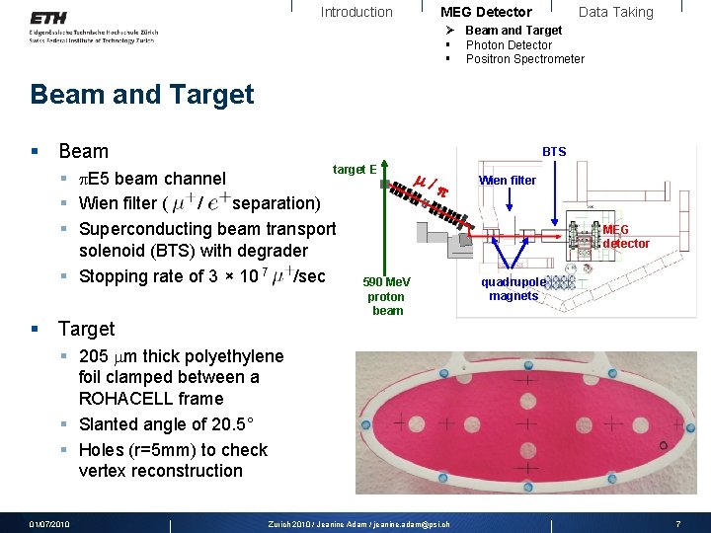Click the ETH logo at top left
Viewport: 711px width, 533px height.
coord(48,18)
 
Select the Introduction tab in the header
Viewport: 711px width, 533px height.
coord(356,12)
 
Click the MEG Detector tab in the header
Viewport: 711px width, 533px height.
coord(486,12)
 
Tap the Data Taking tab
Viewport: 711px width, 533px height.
coord(615,12)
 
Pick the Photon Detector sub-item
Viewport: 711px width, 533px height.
coord(509,45)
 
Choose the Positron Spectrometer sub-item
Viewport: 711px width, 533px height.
coord(524,59)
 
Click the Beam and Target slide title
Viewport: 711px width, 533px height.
coord(142,95)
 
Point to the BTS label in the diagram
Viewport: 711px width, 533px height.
coord(554,151)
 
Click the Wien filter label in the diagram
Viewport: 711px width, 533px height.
coord(508,181)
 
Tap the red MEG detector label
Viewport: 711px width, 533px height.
coord(626,237)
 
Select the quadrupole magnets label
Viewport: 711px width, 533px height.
coord(513,289)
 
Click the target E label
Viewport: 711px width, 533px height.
coord(355,170)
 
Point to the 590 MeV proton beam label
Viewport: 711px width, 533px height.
coord(387,296)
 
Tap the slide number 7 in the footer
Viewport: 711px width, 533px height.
coord(678,523)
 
